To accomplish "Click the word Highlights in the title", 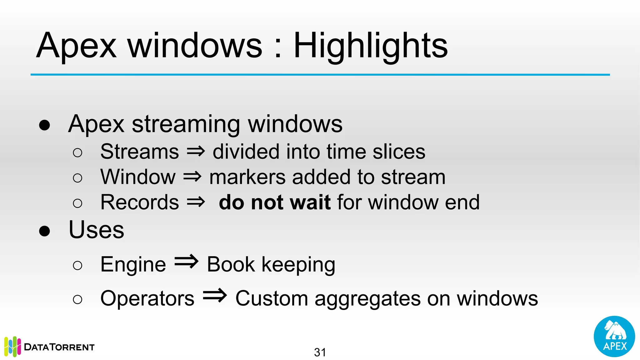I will click(371, 46).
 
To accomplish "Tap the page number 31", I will click(320, 352).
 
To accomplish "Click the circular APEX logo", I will click(614, 336).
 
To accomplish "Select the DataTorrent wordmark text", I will click(59, 347).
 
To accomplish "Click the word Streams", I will click(139, 152).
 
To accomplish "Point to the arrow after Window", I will click(192, 177).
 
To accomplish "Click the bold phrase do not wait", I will click(274, 202).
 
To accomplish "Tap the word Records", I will click(139, 202).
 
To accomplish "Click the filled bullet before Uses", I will click(45, 231).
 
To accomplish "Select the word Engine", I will click(133, 265).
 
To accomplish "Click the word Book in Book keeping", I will click(231, 265).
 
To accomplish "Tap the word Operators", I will click(147, 298).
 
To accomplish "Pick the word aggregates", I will click(367, 299).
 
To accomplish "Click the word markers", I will click(247, 177).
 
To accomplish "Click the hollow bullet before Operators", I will click(77, 299).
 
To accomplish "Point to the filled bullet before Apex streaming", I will click(45, 125).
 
